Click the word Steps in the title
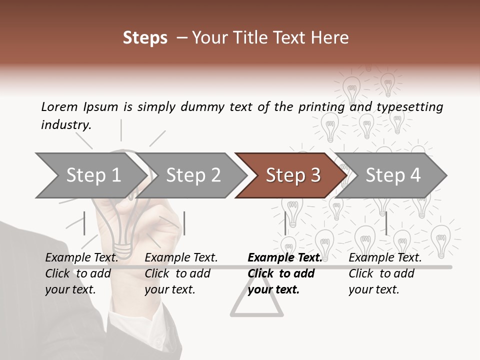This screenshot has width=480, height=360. click(x=145, y=38)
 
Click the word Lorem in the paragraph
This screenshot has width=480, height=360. click(x=59, y=106)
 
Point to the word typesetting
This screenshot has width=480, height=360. click(x=409, y=107)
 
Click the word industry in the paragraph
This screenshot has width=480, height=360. click(x=65, y=125)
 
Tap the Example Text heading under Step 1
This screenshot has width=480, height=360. click(x=81, y=257)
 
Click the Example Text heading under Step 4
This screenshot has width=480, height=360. click(x=385, y=257)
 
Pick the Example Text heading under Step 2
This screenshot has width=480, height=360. click(x=181, y=257)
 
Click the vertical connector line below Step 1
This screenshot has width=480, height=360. click(x=84, y=223)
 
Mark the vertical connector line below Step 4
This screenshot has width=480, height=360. click(x=386, y=223)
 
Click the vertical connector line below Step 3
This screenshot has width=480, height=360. click(x=285, y=223)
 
